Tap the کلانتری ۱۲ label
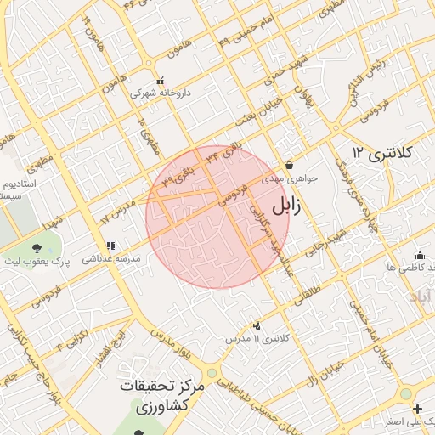pos(381,153)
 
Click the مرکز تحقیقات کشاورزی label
pos(162,395)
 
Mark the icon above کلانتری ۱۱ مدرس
pos(257,325)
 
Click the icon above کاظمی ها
pos(420,254)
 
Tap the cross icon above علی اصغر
pos(417,409)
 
